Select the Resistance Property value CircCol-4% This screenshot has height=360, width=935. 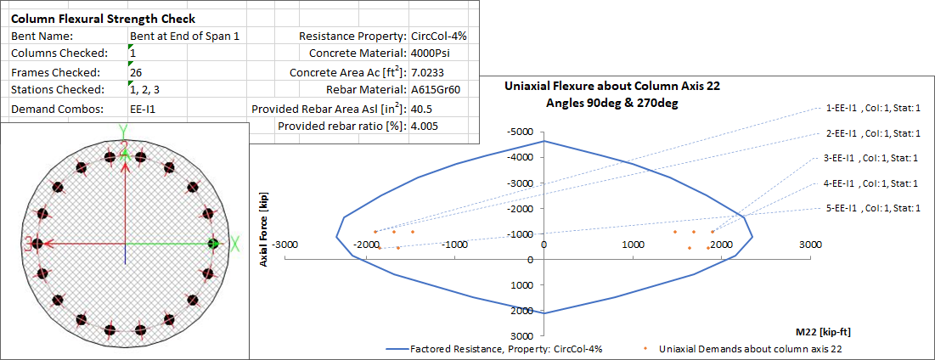tap(438, 37)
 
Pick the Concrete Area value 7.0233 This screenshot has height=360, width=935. tap(429, 72)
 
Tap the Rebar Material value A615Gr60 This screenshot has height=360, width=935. tap(435, 90)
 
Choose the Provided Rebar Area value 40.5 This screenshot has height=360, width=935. tap(422, 109)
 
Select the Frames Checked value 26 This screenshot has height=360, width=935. tap(136, 73)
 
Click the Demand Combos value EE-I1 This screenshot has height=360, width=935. tap(143, 109)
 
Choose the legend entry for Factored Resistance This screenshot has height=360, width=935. tap(494, 349)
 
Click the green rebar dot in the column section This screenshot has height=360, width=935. tap(214, 243)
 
